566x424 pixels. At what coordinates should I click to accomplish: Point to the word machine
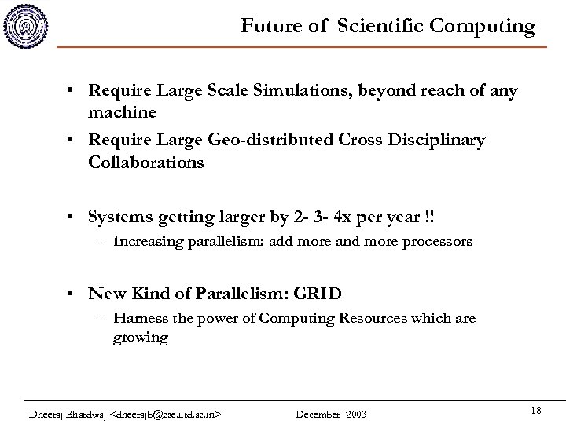click(x=123, y=112)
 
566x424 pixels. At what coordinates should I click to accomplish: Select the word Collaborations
click(x=147, y=163)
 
